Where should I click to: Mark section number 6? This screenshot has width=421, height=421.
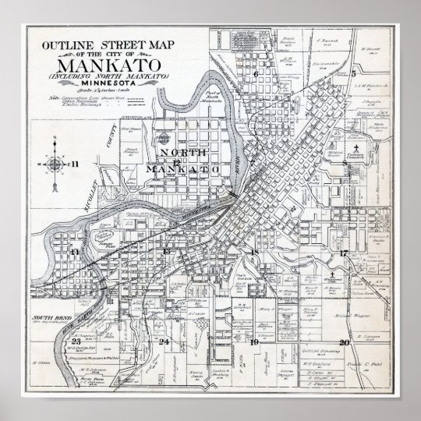255,75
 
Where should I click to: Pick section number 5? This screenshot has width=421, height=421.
353,73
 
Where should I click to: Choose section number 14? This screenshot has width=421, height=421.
75,252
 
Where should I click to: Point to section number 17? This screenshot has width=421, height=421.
342,253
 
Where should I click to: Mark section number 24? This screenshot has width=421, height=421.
164,341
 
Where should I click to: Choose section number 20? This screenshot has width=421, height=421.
344,341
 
